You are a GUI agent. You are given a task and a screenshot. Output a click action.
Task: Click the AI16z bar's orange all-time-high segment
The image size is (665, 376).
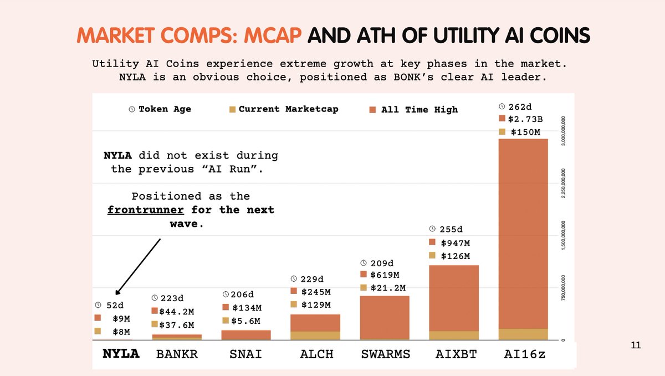(x=523, y=233)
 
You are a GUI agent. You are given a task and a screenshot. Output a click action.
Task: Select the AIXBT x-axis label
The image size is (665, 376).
(x=456, y=354)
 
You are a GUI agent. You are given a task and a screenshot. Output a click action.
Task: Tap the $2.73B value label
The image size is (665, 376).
(x=525, y=119)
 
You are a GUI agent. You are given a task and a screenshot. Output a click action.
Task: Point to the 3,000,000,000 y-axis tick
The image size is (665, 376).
(x=563, y=131)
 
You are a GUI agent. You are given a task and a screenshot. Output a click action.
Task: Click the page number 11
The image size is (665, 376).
(x=636, y=345)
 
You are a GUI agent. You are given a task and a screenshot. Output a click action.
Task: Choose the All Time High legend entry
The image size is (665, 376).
(x=413, y=110)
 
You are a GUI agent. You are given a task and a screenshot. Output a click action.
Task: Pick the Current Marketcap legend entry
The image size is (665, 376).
(x=284, y=109)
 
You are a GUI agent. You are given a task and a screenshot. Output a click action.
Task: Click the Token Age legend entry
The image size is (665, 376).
(x=160, y=109)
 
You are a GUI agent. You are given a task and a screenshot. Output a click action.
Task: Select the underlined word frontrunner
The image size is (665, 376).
(x=145, y=210)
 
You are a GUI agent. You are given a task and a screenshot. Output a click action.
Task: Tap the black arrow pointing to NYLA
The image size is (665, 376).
(x=138, y=266)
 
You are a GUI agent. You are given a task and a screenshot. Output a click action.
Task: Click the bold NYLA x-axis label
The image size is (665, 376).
(x=121, y=353)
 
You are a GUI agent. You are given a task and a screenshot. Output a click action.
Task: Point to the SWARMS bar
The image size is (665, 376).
(x=385, y=318)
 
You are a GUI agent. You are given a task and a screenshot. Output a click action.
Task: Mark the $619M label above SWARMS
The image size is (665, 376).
(x=385, y=275)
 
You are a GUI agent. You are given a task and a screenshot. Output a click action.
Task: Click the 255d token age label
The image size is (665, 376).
(x=451, y=229)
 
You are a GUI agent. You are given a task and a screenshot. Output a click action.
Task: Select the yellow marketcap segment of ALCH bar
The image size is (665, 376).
(x=315, y=336)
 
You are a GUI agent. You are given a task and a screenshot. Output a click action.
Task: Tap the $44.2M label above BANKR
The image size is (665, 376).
(x=176, y=312)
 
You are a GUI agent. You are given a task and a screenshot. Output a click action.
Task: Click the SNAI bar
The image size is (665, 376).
(x=246, y=335)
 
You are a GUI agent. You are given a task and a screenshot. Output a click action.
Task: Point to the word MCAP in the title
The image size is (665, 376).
(x=273, y=35)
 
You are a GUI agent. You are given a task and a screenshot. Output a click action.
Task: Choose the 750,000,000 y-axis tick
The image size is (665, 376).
(x=563, y=288)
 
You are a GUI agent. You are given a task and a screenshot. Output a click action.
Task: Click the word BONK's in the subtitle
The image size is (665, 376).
(x=413, y=77)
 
